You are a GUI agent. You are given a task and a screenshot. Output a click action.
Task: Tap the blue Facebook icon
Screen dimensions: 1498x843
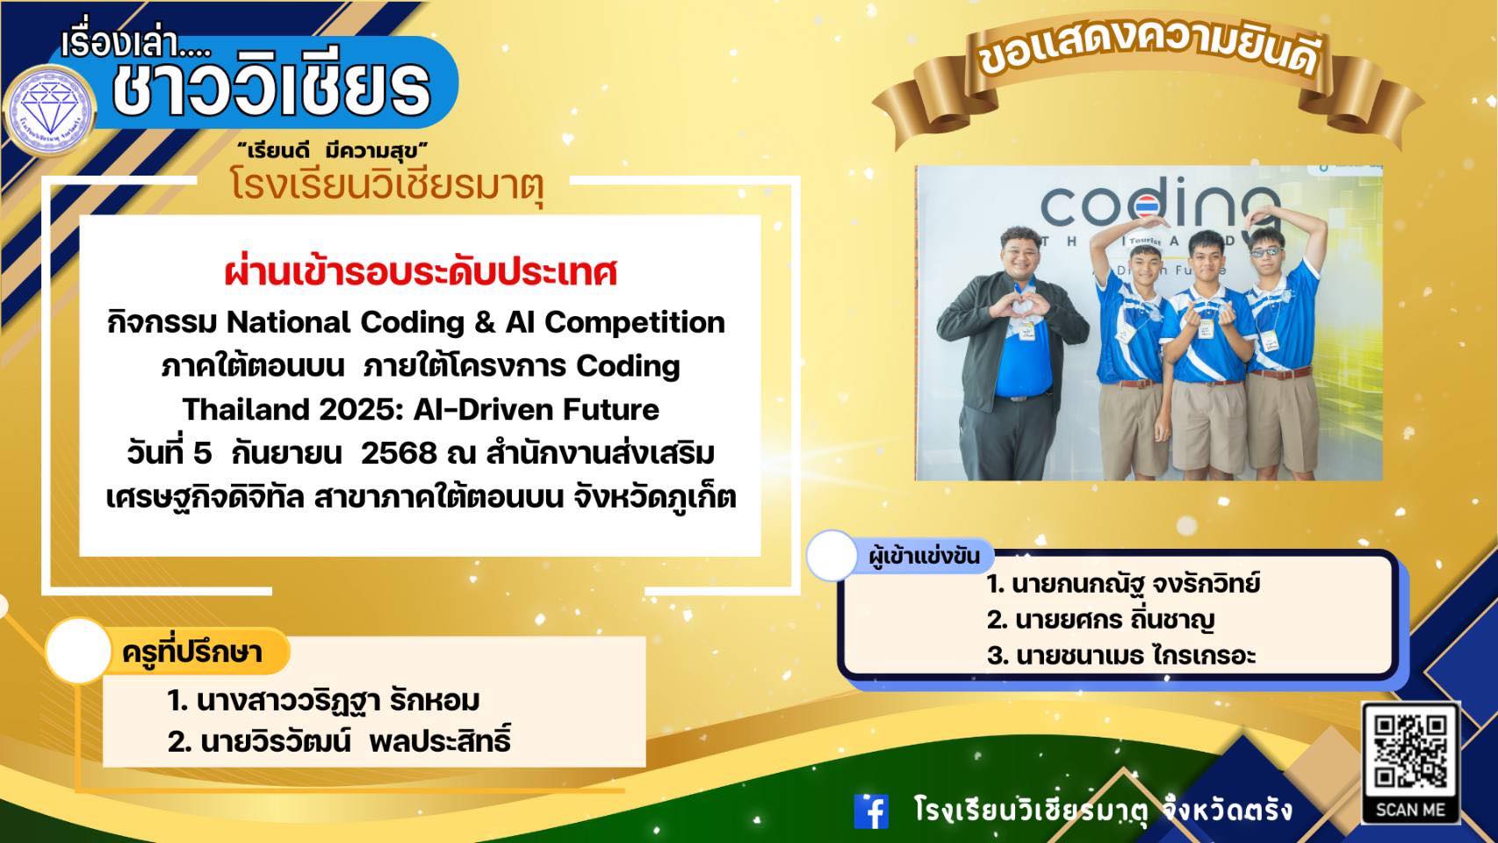(871, 811)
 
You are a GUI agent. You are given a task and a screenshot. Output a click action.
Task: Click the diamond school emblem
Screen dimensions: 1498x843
(49, 110)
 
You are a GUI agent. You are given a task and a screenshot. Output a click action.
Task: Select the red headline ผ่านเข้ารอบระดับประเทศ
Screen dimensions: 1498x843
(421, 273)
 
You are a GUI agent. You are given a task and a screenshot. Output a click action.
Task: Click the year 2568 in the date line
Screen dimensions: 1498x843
(399, 454)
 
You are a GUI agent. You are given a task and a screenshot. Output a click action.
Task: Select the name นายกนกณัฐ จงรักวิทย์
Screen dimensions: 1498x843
(1124, 584)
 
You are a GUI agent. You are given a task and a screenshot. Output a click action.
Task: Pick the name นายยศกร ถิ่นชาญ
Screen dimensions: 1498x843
(1101, 620)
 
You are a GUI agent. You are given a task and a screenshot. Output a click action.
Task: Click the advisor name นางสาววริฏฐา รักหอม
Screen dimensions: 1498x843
(324, 701)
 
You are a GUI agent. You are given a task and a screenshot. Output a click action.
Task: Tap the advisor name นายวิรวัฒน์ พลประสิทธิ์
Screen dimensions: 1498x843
(339, 740)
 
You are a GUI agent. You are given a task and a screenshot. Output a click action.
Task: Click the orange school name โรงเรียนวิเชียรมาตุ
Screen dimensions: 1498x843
(387, 184)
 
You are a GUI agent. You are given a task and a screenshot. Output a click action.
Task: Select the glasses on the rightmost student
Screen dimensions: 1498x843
(1265, 252)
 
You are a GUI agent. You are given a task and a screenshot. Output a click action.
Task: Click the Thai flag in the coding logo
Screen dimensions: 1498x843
(1146, 206)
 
